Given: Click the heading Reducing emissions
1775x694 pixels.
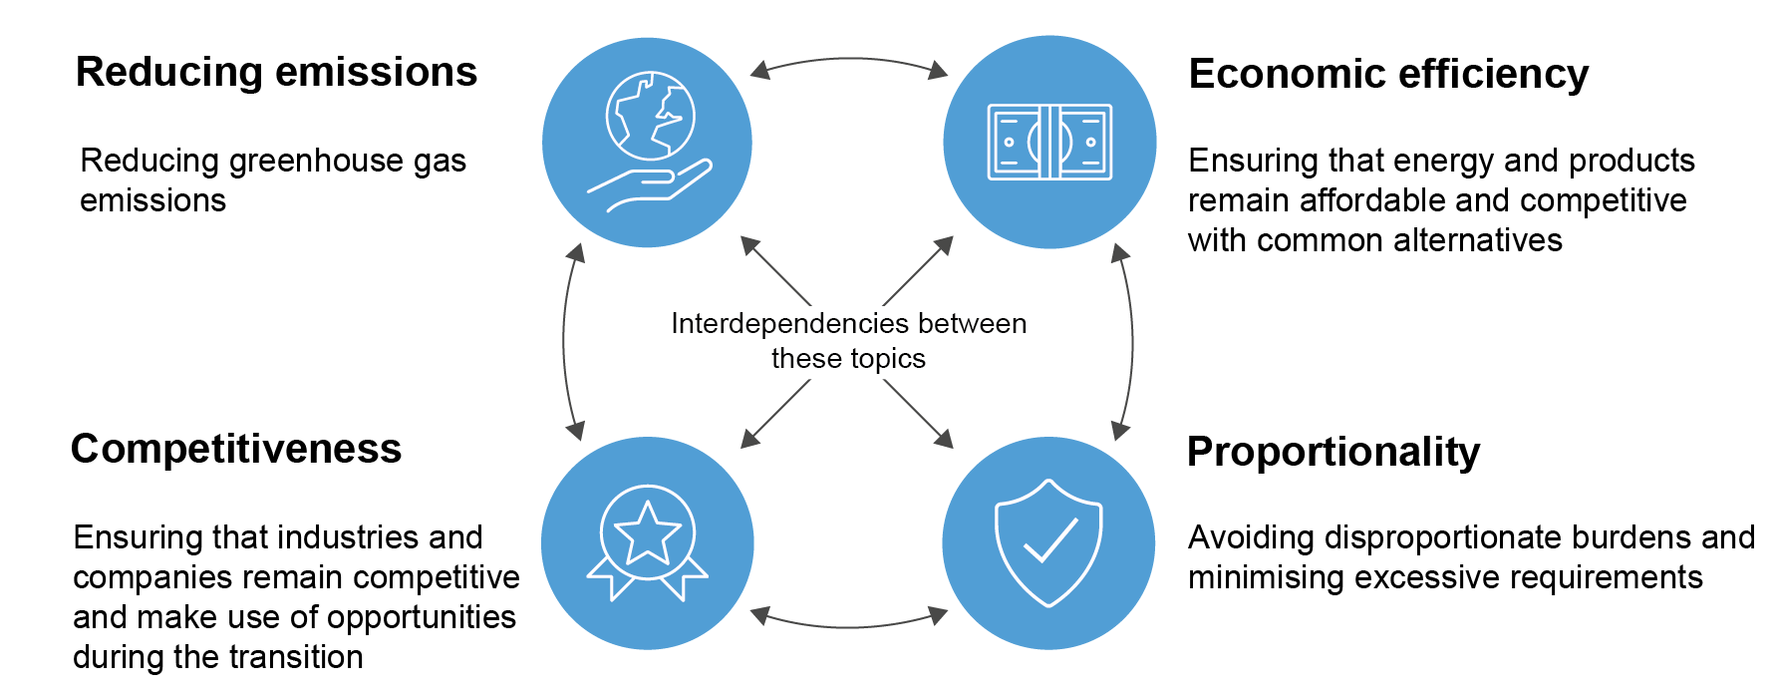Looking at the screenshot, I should pyautogui.click(x=276, y=73).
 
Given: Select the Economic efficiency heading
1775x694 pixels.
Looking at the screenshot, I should pyautogui.click(x=1388, y=75).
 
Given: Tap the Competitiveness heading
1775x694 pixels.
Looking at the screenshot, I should pyautogui.click(x=236, y=449).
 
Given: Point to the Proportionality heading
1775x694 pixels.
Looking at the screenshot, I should pyautogui.click(x=1333, y=452).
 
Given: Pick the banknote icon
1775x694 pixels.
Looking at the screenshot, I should pyautogui.click(x=1049, y=142).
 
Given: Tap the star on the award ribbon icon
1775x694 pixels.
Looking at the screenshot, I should pyautogui.click(x=647, y=533).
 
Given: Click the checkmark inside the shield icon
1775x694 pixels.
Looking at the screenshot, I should pyautogui.click(x=1050, y=539).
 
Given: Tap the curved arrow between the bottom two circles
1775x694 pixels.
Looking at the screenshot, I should pyautogui.click(x=849, y=624).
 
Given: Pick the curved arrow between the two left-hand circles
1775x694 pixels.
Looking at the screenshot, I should pyautogui.click(x=565, y=342).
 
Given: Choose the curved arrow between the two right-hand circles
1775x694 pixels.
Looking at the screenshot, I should pyautogui.click(x=1131, y=342).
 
